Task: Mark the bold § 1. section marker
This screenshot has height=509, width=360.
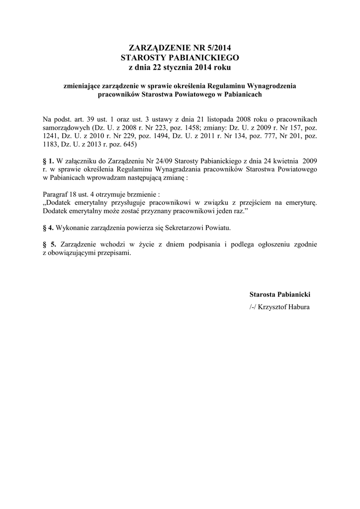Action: [49, 161]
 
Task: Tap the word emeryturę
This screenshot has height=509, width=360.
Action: [299, 203]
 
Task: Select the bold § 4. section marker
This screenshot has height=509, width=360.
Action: [49, 228]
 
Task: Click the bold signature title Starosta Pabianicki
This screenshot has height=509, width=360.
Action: [279, 295]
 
